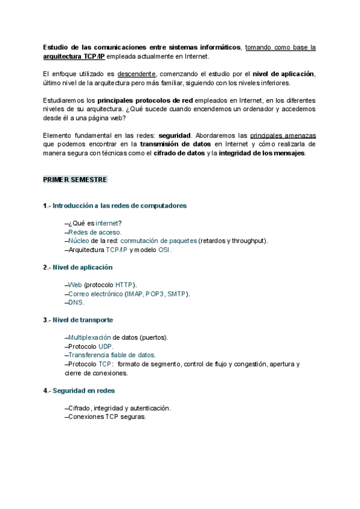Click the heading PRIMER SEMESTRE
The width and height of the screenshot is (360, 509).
tap(75, 179)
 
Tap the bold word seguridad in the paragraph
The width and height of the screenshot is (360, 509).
tap(173, 136)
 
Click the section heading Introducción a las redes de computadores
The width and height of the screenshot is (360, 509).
tap(120, 206)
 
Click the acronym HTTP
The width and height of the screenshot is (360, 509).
tap(125, 285)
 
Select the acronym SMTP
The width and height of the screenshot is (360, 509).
tap(176, 294)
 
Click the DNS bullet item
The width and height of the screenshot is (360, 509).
tap(76, 303)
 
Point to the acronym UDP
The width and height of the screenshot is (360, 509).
tap(105, 346)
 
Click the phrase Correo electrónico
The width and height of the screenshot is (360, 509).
tap(95, 294)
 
